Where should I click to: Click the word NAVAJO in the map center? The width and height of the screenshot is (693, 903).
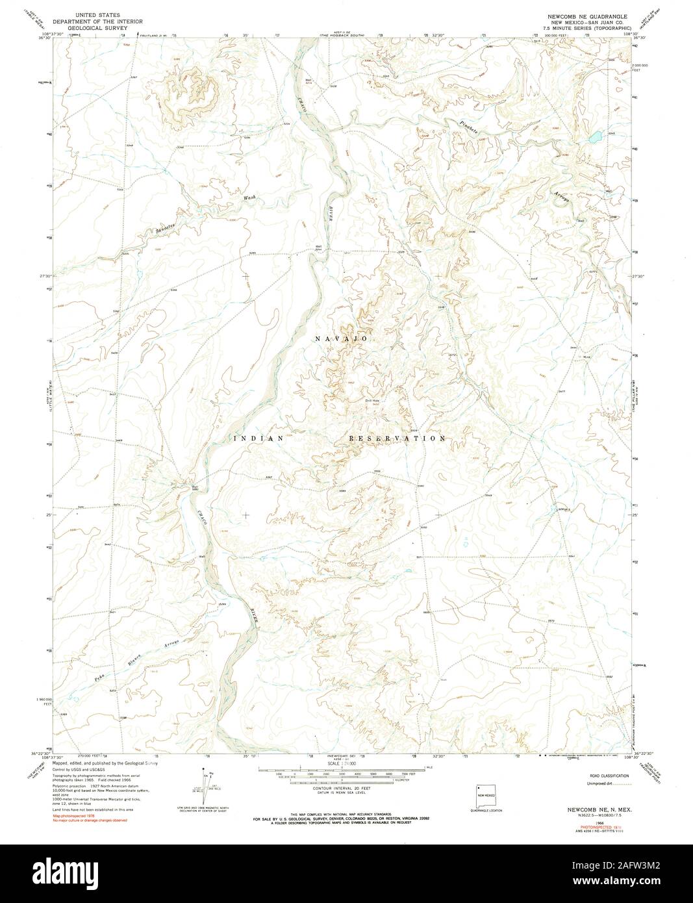342,339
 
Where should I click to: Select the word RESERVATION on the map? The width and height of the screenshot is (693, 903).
397,439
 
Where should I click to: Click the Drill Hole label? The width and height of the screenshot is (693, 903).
371,401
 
